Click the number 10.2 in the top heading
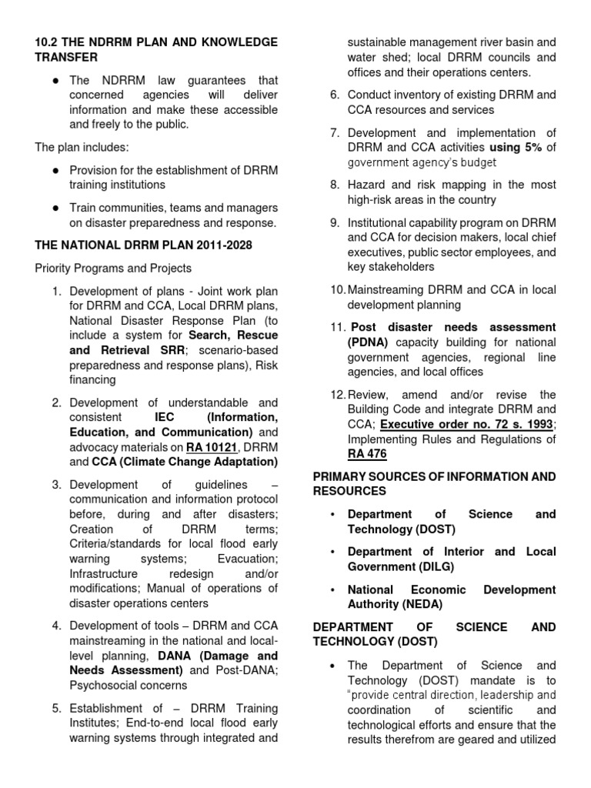pos(48,42)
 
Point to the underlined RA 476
pos(367,454)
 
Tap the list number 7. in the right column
pos(335,132)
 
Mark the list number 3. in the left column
pos(56,485)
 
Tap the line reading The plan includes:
pos(82,147)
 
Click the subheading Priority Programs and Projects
pos(113,268)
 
